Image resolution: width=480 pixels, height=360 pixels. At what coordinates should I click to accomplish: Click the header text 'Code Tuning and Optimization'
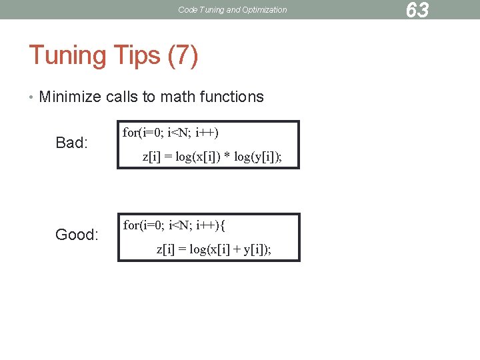pyautogui.click(x=233, y=10)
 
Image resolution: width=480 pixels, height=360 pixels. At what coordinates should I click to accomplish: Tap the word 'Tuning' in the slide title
pyautogui.click(x=65, y=55)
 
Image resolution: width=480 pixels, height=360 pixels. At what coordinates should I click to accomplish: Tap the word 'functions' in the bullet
pyautogui.click(x=233, y=97)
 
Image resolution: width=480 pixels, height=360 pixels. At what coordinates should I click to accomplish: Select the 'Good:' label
pyautogui.click(x=77, y=235)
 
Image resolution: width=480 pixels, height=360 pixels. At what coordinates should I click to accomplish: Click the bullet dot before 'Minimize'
pyautogui.click(x=31, y=97)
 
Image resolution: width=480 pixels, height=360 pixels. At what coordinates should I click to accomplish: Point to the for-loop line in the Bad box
pyautogui.click(x=171, y=132)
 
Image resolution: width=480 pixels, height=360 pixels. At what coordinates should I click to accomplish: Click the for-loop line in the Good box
pyautogui.click(x=175, y=225)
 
